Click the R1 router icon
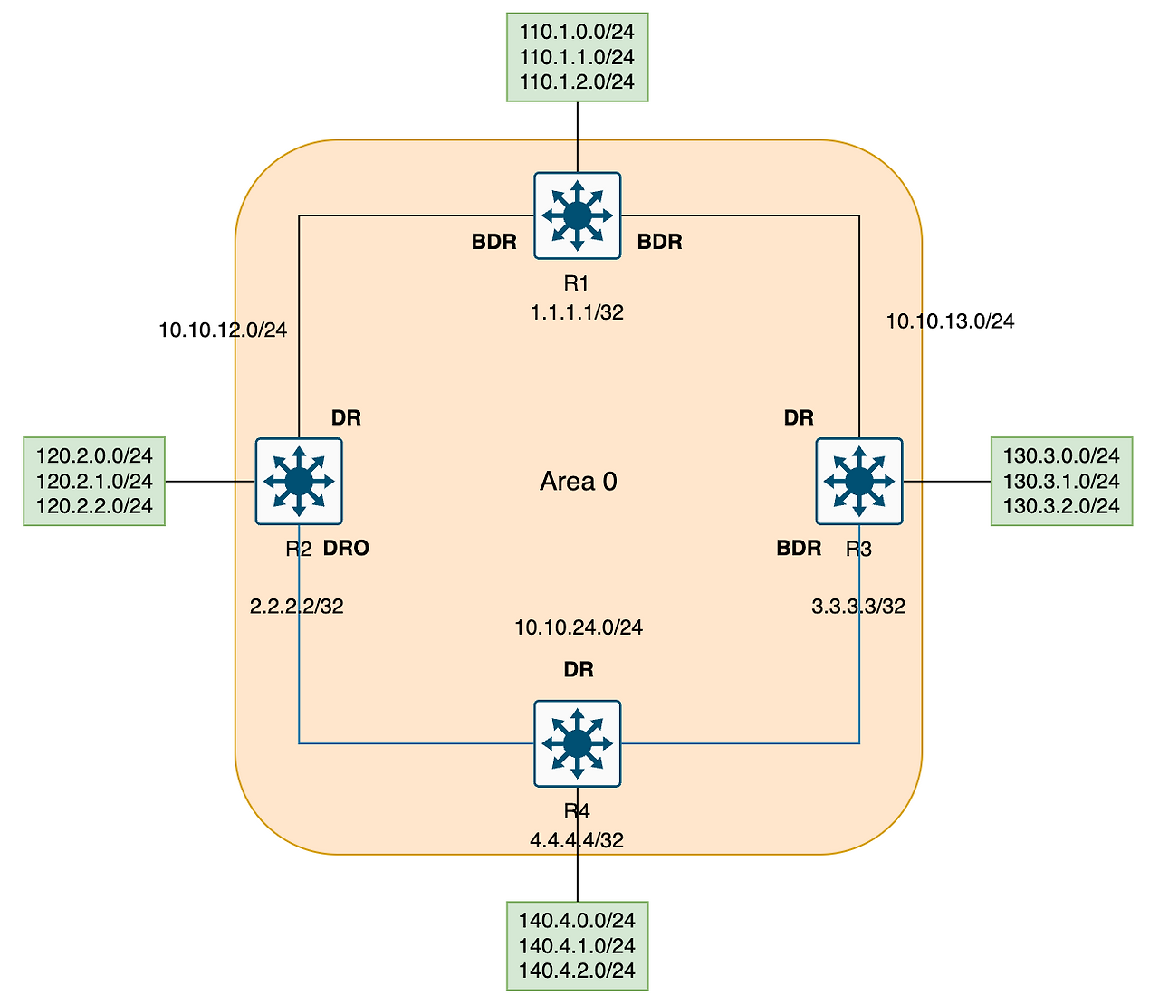[x=578, y=215]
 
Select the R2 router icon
[x=299, y=481]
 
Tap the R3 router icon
[x=858, y=481]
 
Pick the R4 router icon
[x=578, y=743]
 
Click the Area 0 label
[x=578, y=482]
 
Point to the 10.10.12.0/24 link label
[x=223, y=330]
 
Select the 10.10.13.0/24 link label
[x=950, y=321]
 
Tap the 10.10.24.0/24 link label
[x=579, y=627]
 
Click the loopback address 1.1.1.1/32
[x=578, y=313]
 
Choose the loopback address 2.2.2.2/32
[x=296, y=607]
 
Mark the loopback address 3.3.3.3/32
[x=858, y=607]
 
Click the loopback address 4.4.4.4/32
[x=577, y=840]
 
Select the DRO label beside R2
[x=346, y=549]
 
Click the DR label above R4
[x=579, y=670]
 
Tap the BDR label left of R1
[x=494, y=243]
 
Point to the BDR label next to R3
[x=799, y=549]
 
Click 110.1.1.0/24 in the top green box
[x=577, y=57]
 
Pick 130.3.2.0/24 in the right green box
[x=1061, y=506]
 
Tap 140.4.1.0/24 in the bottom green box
[x=577, y=946]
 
